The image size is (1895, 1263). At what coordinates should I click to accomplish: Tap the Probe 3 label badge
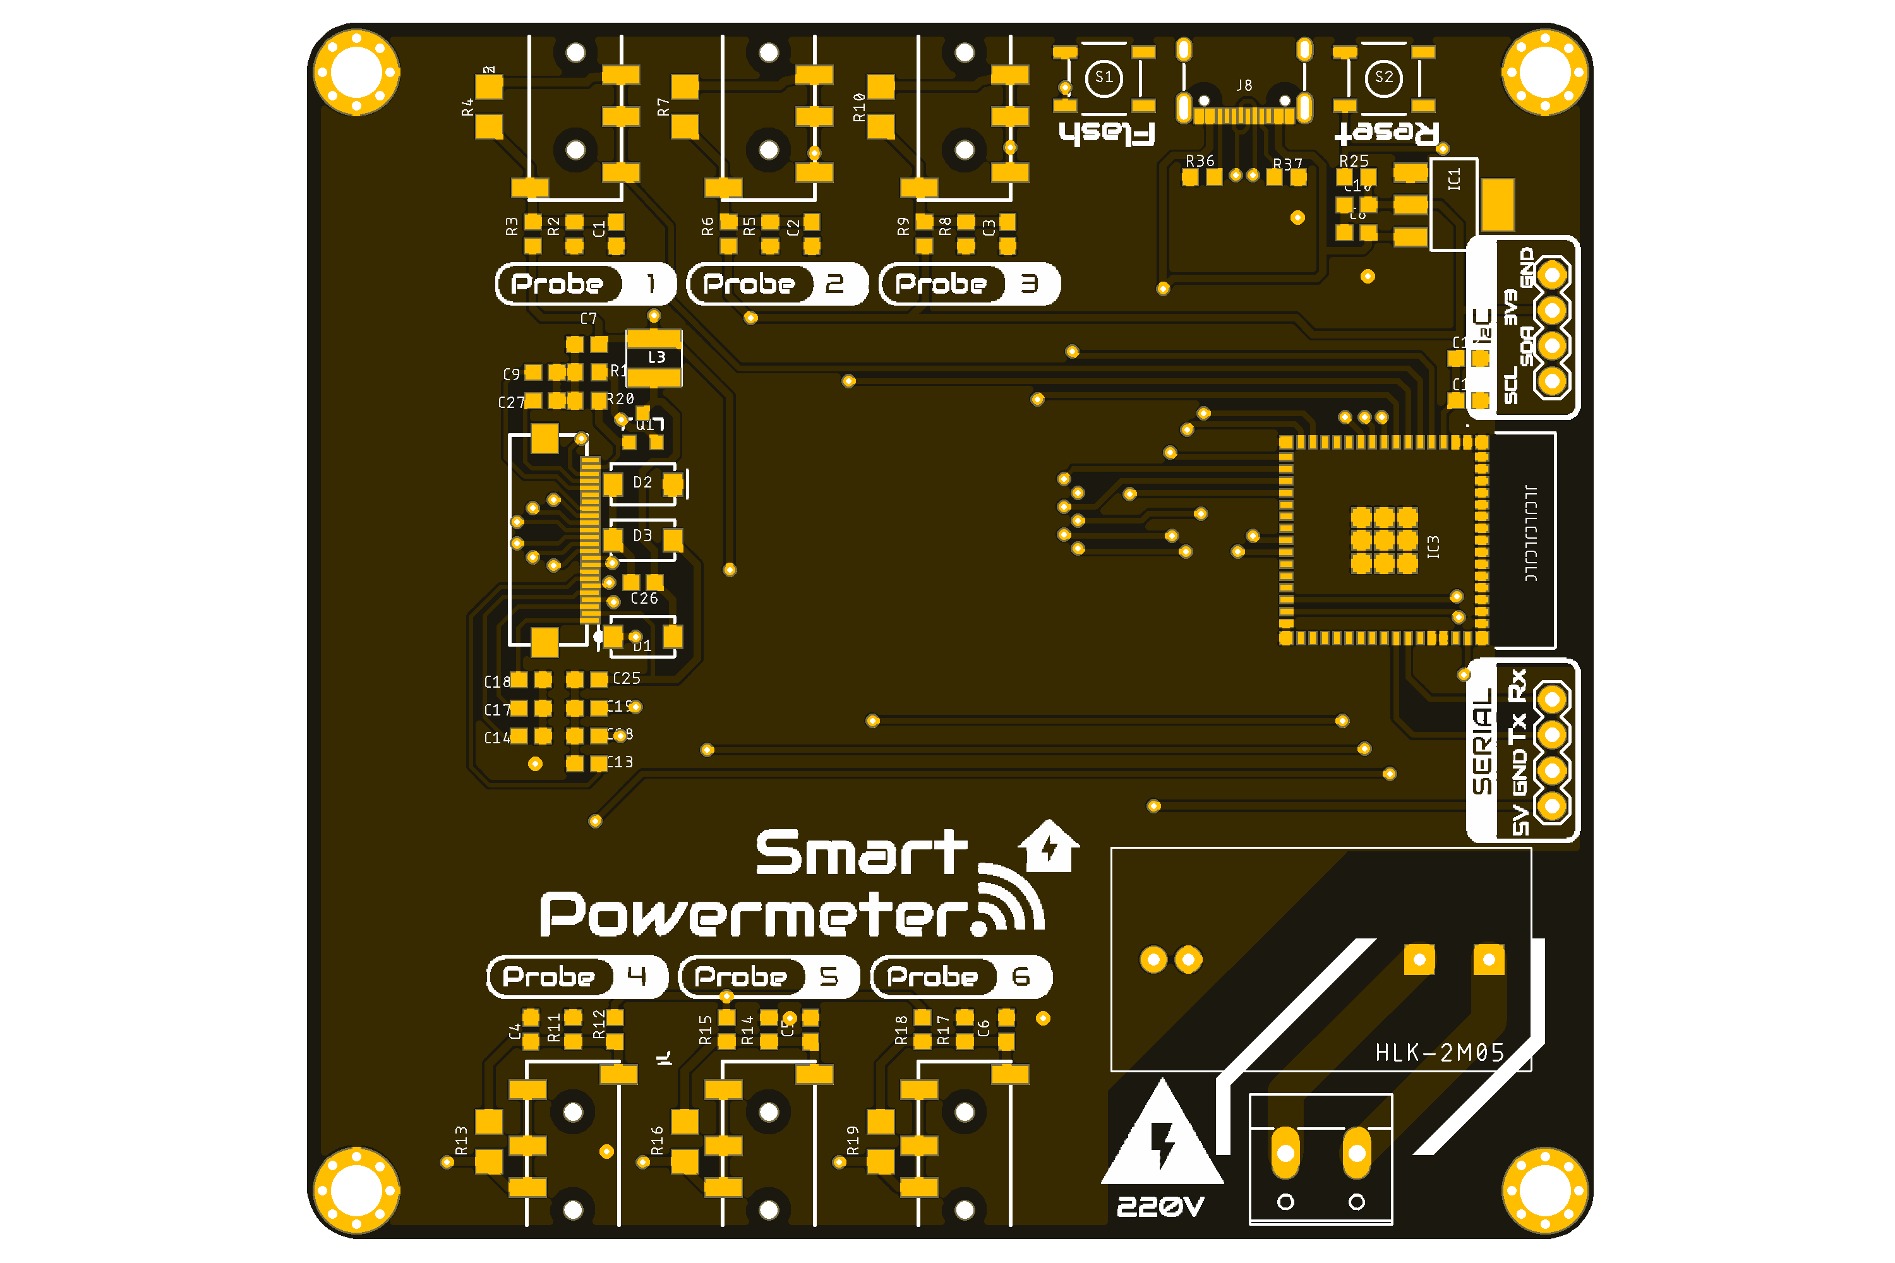click(x=969, y=284)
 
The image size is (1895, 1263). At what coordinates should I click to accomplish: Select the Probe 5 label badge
click(x=769, y=976)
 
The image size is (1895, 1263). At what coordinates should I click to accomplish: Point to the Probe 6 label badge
click(x=961, y=976)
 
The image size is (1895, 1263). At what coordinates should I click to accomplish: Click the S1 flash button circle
click(x=1104, y=77)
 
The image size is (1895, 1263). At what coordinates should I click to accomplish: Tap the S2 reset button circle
click(x=1383, y=77)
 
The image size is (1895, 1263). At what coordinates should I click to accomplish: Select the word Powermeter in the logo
click(x=754, y=915)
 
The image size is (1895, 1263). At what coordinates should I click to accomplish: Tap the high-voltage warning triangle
click(x=1162, y=1135)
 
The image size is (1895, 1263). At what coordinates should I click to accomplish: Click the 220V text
click(x=1160, y=1206)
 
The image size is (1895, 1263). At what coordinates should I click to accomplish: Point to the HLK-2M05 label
click(x=1439, y=1053)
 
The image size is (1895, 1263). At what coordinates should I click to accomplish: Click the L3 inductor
click(x=655, y=357)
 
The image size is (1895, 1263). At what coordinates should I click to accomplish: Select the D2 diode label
click(x=642, y=482)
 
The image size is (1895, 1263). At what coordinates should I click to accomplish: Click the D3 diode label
click(x=642, y=536)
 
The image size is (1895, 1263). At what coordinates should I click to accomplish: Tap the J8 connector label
click(x=1244, y=85)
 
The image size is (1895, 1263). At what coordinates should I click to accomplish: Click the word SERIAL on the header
click(x=1483, y=741)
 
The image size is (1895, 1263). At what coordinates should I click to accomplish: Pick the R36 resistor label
click(x=1200, y=161)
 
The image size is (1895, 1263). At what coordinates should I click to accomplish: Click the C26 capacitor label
click(x=644, y=599)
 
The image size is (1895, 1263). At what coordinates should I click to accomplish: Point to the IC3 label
click(x=1433, y=547)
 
